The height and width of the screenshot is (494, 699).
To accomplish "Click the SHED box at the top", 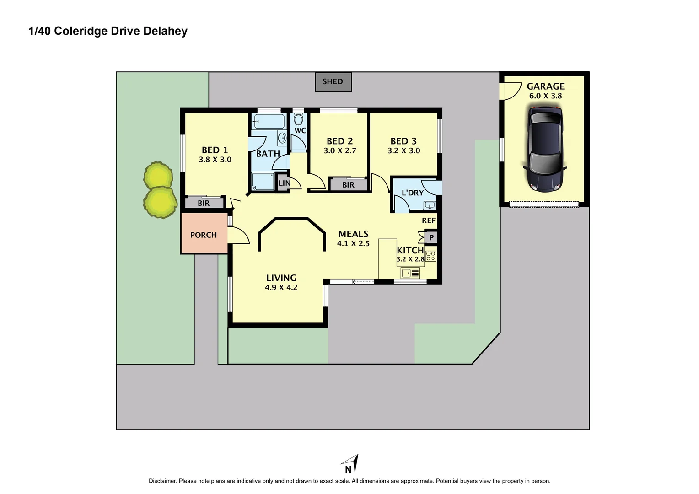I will (333, 82).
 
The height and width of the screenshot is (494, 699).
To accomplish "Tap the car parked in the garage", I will (544, 148).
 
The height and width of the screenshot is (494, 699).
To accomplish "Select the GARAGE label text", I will (545, 86).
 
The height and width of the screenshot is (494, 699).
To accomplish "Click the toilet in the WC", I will (298, 119).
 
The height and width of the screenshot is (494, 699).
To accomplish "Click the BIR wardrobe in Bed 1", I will (204, 203).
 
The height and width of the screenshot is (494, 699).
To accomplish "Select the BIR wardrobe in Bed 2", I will (348, 185).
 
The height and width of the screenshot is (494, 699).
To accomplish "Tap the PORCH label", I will (204, 235).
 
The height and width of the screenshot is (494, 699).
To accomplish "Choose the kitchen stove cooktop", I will (430, 256).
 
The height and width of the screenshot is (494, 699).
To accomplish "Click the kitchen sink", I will (410, 273).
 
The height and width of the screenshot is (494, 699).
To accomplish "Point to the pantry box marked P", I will (431, 237).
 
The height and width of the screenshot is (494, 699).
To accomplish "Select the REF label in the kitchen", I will (429, 220).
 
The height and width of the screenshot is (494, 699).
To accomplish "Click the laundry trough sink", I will (430, 204).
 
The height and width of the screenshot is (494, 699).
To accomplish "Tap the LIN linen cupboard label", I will (284, 183).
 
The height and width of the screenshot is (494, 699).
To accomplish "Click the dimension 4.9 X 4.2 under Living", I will (281, 287).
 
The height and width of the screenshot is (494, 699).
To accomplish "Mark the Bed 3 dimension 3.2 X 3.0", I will (403, 150).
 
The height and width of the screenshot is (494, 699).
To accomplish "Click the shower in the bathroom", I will (263, 181).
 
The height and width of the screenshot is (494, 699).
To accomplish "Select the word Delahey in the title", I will (165, 31).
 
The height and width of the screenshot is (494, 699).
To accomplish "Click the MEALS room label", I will (353, 234).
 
